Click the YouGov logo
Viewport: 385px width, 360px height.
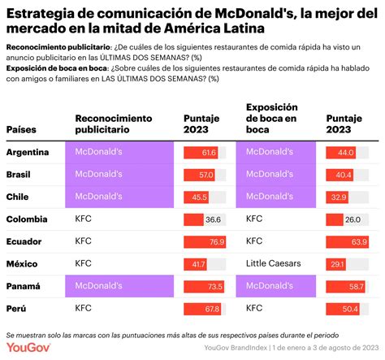coord(28,348)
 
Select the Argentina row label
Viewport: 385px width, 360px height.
coord(28,152)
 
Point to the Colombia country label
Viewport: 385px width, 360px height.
coord(27,219)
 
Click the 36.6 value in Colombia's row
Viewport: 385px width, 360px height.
coord(213,219)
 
